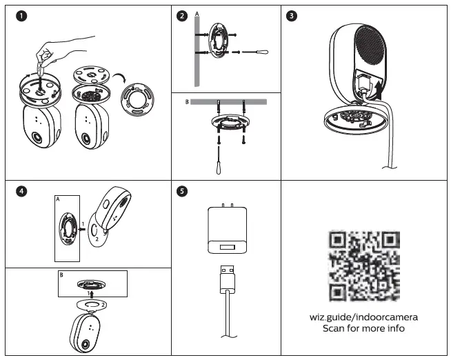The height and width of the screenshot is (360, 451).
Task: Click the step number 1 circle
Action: (x=21, y=16)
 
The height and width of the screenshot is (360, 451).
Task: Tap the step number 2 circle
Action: (x=182, y=16)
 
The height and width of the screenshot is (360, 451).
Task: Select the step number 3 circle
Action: (x=292, y=16)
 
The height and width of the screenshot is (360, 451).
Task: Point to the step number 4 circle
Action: (x=21, y=191)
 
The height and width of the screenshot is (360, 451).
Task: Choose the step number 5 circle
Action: (x=182, y=191)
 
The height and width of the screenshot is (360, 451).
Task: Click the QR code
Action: (x=364, y=266)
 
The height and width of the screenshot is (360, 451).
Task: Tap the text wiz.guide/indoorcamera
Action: (x=363, y=317)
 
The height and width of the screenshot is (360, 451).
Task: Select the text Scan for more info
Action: (x=363, y=328)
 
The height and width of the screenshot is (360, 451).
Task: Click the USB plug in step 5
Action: (x=228, y=279)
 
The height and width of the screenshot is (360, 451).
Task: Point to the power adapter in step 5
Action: (x=228, y=229)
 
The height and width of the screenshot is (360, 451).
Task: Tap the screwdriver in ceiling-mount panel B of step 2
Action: (x=219, y=161)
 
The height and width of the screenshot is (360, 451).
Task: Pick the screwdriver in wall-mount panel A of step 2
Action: (x=255, y=52)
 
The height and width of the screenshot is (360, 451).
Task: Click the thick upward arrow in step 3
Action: (x=379, y=90)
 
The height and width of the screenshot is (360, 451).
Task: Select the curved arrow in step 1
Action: (x=120, y=78)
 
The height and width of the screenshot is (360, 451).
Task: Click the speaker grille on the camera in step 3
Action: (x=370, y=48)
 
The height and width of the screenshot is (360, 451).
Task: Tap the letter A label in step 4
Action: (x=58, y=199)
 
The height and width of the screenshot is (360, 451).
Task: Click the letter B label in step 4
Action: (x=61, y=275)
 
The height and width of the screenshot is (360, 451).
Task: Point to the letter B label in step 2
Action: (x=187, y=102)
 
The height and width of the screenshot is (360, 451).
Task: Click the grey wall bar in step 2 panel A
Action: (x=197, y=51)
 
